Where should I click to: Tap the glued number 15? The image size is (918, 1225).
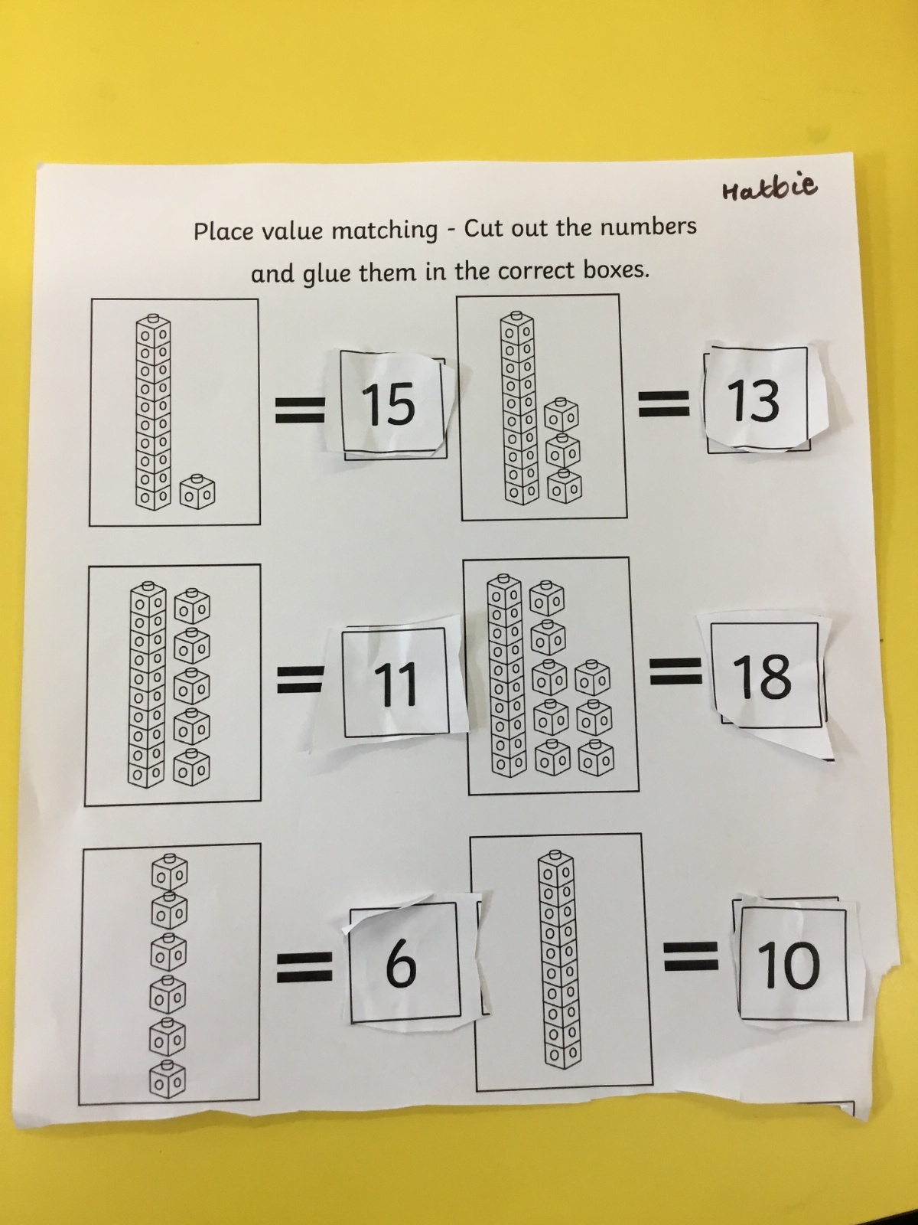(x=388, y=403)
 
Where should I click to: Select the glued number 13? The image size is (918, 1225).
(x=754, y=400)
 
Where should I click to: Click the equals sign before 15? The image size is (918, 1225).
(x=299, y=410)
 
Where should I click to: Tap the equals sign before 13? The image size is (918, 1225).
(x=664, y=403)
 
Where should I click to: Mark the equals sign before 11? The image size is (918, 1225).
(x=300, y=681)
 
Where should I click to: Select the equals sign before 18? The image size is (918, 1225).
(x=675, y=672)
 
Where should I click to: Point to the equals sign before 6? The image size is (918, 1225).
(x=304, y=967)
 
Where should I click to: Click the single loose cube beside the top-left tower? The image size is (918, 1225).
(x=197, y=492)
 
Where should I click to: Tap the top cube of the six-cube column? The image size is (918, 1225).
(x=169, y=871)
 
